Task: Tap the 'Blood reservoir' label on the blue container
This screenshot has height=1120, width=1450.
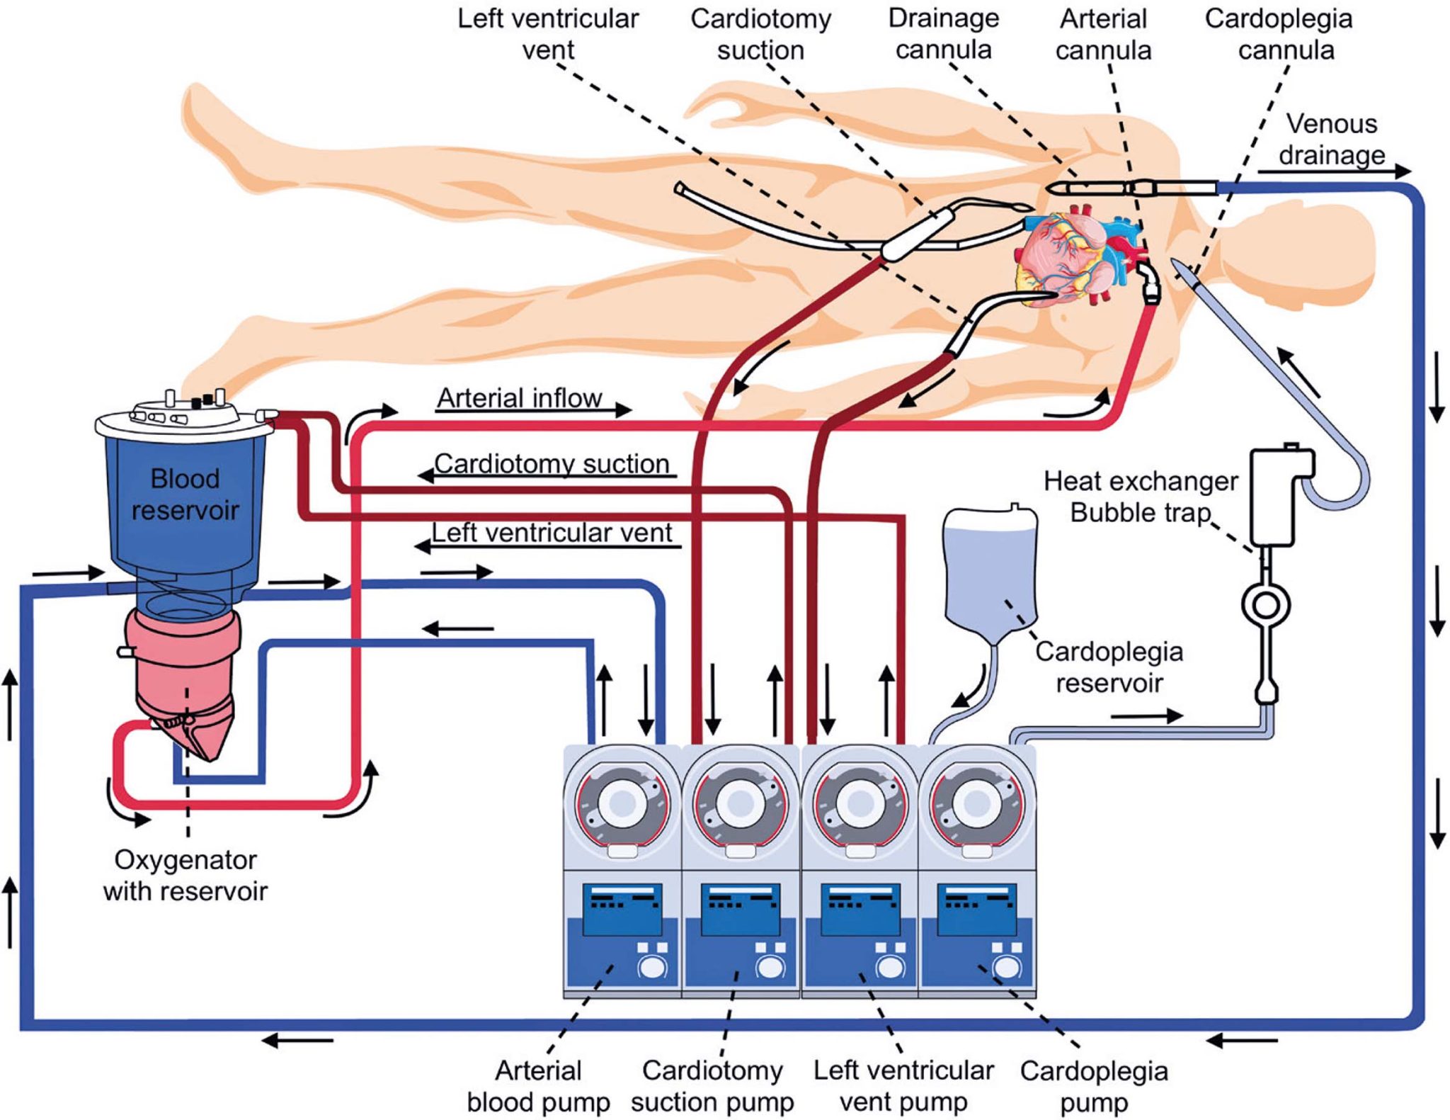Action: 185,494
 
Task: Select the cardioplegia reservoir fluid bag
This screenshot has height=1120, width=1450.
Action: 991,574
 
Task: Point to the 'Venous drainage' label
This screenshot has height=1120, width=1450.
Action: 1331,139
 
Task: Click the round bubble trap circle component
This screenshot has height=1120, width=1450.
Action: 1266,606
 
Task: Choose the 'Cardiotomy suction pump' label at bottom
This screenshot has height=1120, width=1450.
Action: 712,1085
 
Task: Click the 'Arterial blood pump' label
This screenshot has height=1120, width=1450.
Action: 538,1085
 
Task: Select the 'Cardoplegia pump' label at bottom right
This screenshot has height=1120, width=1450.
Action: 1093,1086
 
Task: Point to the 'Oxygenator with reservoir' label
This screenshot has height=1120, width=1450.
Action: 185,874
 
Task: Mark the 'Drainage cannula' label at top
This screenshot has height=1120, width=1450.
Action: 943,34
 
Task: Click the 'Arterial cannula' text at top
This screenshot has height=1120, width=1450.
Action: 1102,34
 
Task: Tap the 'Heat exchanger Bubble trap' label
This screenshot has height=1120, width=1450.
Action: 1140,496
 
